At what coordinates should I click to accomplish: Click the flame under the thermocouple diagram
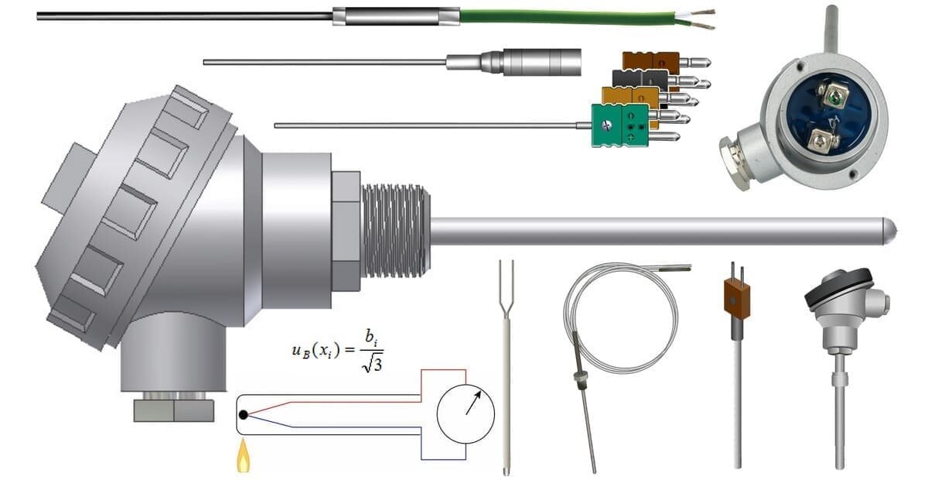click(243, 457)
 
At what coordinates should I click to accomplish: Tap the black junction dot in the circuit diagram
click(244, 415)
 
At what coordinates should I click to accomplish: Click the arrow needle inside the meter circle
click(473, 403)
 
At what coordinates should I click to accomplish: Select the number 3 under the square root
click(376, 365)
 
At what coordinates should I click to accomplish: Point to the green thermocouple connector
click(620, 125)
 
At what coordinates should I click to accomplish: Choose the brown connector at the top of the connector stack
click(651, 61)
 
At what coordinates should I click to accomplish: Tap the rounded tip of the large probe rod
click(890, 231)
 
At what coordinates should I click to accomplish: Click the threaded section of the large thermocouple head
click(396, 231)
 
